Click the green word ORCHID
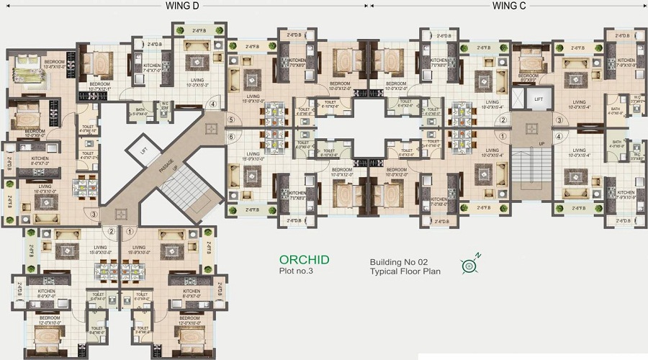[x=305, y=260]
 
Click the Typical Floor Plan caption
[x=405, y=271]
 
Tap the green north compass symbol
[x=470, y=266]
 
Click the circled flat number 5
[x=231, y=120]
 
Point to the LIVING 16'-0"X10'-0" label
[x=43, y=189]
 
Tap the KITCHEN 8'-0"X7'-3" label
[x=35, y=162]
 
